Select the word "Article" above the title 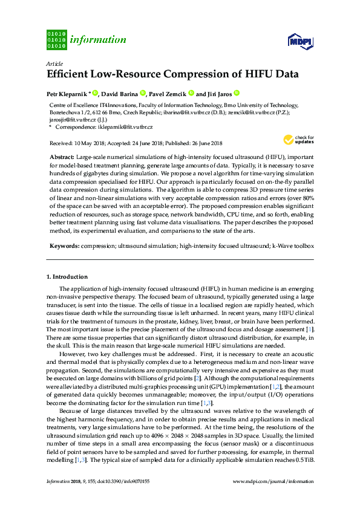54,63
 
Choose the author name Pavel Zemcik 167,94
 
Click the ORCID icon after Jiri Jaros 237,93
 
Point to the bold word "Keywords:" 64,246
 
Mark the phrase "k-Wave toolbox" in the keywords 293,246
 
